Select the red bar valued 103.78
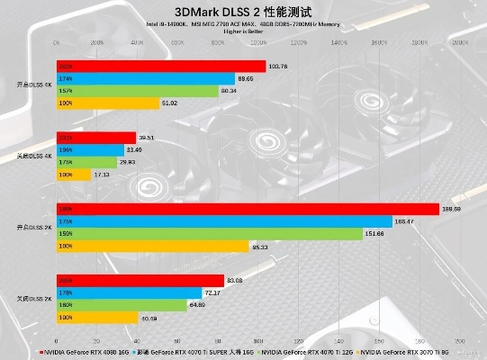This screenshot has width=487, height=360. [161, 66]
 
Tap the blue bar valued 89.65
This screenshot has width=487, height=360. [147, 78]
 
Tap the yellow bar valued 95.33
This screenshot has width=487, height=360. [152, 246]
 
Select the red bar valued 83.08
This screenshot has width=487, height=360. [140, 280]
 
